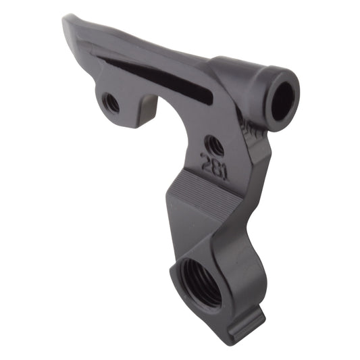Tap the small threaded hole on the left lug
tap(111, 103)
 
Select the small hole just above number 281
tap(215, 145)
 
